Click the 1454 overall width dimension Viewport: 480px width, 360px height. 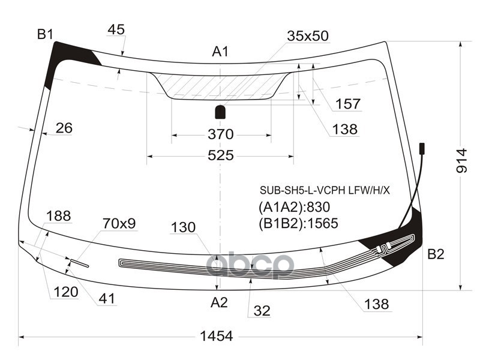(216, 337)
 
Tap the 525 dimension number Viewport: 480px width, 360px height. (220, 155)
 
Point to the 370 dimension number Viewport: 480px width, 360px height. (220, 134)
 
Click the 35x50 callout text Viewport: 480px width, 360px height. (307, 36)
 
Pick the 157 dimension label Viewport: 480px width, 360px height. (348, 104)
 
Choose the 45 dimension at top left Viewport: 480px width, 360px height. (116, 29)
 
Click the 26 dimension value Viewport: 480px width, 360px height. (64, 128)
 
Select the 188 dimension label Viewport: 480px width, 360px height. (59, 216)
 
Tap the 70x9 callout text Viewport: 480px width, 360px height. (119, 224)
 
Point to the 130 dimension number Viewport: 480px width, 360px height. (183, 227)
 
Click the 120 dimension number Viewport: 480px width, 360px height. (66, 292)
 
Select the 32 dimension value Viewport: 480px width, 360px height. (262, 311)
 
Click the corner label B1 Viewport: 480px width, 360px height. (46, 35)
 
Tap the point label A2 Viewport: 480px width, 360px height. (219, 303)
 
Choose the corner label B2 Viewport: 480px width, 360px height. (436, 254)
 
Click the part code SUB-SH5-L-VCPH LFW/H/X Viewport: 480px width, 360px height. (325, 190)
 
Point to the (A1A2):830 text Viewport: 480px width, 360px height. (295, 208)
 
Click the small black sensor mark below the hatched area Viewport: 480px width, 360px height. (220, 112)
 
